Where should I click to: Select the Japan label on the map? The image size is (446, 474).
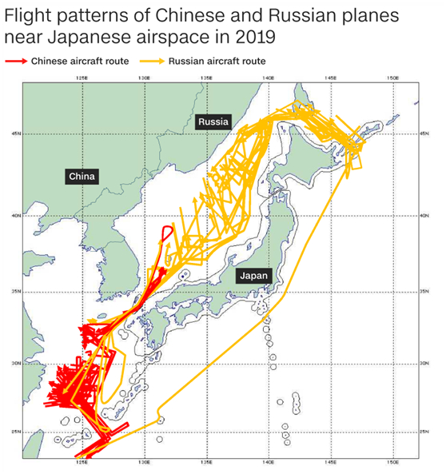coord(254,275)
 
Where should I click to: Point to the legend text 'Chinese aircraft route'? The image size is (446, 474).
coord(80,61)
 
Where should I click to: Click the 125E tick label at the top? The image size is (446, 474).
coord(82,78)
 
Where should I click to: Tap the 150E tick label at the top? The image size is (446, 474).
coord(392,78)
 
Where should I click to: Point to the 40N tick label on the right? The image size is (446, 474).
coord(425,215)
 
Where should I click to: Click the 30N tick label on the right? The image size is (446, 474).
coord(425,363)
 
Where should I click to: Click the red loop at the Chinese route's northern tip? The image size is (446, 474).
coord(167,233)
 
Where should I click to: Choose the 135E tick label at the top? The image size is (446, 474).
coord(205,78)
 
